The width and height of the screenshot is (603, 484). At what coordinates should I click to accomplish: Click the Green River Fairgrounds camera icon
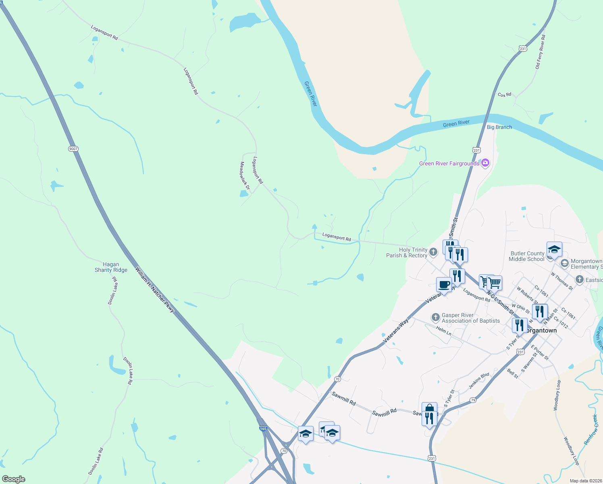[485, 163]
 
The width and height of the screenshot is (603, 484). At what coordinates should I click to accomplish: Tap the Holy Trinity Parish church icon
[433, 252]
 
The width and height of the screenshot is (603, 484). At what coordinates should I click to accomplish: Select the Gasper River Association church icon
[435, 317]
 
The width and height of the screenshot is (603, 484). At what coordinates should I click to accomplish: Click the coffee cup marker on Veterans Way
[444, 284]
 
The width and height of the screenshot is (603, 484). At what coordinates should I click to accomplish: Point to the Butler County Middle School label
[527, 256]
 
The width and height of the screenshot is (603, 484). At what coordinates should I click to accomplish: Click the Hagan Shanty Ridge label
[111, 267]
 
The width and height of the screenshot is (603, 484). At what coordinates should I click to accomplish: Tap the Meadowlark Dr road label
[245, 176]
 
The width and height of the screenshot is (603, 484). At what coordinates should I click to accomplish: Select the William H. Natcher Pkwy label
[155, 289]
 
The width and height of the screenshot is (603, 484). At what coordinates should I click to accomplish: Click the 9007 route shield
[73, 149]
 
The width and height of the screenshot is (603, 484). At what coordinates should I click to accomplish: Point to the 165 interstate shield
[263, 429]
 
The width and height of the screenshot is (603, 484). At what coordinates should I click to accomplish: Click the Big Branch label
[499, 127]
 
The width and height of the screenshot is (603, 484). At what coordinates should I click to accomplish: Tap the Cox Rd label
[504, 95]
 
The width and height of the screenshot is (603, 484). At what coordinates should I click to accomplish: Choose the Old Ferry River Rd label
[540, 52]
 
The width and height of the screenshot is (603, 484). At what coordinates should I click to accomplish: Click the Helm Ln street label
[443, 331]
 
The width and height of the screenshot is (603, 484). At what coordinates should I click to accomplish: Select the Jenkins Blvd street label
[479, 381]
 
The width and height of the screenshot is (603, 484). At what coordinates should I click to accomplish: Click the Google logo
[14, 479]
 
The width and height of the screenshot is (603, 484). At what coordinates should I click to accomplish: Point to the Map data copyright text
[585, 481]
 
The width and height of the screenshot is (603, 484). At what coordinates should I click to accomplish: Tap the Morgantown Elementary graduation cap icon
[565, 264]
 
